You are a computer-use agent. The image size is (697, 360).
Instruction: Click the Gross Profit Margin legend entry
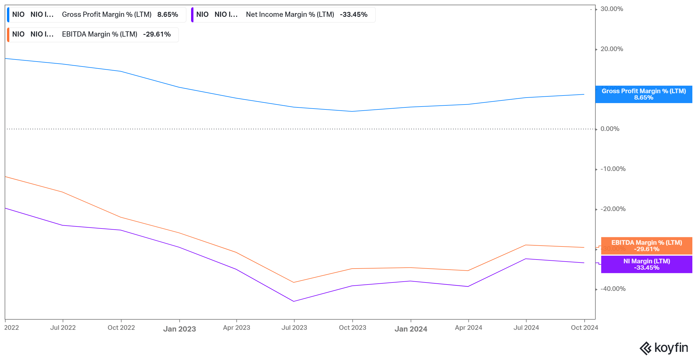96,15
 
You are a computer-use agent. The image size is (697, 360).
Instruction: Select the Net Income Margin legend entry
283,15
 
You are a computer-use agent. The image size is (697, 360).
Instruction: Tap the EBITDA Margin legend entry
92,34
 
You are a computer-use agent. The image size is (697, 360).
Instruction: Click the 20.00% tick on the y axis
612,49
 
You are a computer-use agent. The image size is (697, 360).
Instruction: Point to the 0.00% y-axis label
610,129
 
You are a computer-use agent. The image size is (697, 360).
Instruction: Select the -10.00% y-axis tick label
613,169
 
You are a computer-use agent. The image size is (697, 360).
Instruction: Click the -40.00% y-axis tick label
613,289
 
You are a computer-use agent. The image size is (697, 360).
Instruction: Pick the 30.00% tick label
612,9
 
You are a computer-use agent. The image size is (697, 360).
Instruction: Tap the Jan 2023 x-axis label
179,329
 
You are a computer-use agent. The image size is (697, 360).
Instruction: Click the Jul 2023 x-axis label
294,328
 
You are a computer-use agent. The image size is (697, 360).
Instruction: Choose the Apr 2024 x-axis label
468,328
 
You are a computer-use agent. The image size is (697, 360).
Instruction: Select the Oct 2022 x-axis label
121,328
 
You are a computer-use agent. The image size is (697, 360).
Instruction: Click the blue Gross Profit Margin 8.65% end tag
644,94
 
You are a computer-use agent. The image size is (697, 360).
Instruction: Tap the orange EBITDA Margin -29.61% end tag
646,246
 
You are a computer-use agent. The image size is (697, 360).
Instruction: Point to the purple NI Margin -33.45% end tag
646,264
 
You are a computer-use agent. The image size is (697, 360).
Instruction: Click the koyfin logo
664,348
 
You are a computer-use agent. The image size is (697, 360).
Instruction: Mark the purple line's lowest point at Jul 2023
294,301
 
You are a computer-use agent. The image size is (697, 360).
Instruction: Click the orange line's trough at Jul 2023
294,282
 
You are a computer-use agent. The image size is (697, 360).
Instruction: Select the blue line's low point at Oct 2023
352,111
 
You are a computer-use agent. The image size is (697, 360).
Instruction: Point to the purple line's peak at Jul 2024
526,259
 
